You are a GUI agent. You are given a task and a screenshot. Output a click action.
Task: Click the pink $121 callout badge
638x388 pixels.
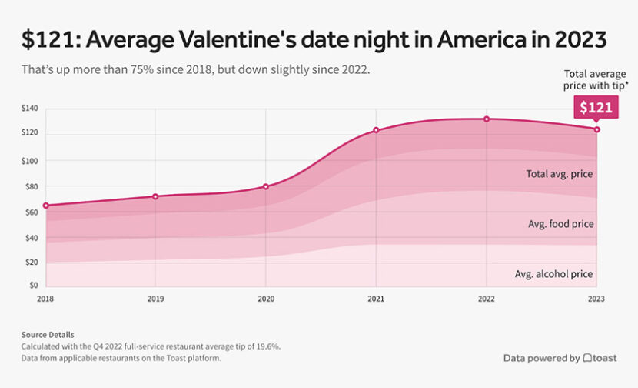tap(596, 107)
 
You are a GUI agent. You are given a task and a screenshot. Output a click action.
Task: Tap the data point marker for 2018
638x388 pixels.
tap(45, 206)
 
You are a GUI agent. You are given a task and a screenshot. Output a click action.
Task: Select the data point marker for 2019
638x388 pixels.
tap(155, 196)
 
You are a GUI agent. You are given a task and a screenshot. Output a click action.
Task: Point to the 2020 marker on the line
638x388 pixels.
tap(266, 186)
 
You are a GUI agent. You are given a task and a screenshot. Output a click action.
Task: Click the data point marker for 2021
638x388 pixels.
tap(376, 130)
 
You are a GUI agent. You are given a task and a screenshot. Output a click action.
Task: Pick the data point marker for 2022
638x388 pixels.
tap(487, 119)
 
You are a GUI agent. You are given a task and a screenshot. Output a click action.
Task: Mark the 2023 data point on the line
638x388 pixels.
tap(596, 129)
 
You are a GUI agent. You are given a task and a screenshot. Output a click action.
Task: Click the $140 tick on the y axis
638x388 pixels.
tap(30, 110)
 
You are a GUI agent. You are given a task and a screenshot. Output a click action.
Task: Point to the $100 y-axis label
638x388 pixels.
tap(30, 161)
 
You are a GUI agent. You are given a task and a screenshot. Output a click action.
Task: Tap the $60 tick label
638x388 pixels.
tap(32, 212)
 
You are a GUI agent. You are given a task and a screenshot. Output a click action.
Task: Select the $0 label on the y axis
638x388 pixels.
tap(34, 286)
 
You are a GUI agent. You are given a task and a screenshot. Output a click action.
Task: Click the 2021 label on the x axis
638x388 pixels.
tap(376, 299)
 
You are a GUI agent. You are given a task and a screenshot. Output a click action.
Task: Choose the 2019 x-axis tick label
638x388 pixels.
tap(155, 299)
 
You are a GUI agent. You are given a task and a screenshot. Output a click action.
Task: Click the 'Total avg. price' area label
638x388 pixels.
tap(559, 173)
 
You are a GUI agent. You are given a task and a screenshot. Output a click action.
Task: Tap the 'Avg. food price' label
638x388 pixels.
tap(560, 224)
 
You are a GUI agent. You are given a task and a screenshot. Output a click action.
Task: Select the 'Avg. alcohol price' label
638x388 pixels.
tap(553, 274)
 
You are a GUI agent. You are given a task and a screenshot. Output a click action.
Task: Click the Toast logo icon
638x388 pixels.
tap(588, 358)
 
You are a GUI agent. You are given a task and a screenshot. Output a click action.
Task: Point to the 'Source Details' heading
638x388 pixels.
tap(48, 335)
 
